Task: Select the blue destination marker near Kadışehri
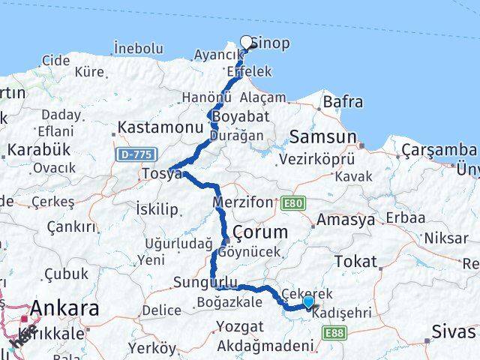coord(308,301)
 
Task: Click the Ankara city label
coord(64,308)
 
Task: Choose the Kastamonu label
coord(157,128)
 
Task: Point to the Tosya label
coord(161,174)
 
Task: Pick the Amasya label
coord(346,220)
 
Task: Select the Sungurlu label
coord(205,282)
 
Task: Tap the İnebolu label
coord(136,48)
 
